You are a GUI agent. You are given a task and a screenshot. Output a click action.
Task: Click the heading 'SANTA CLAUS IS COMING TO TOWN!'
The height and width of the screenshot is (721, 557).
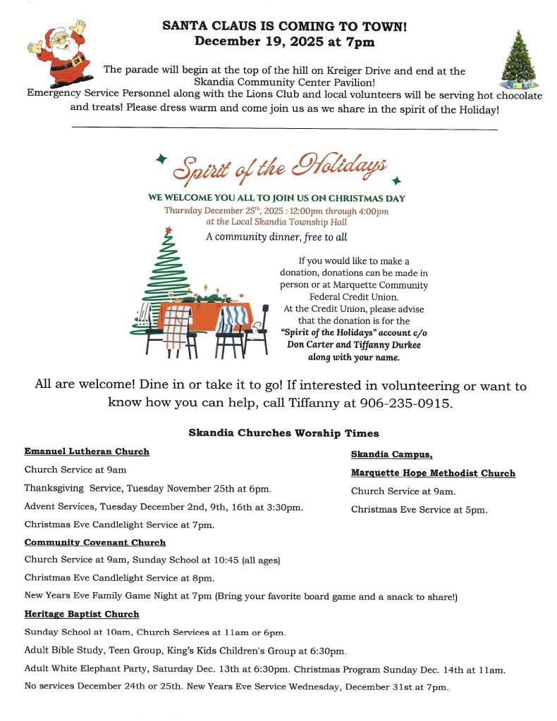(284, 26)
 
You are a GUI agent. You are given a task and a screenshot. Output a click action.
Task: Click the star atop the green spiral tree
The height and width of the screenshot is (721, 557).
(168, 230)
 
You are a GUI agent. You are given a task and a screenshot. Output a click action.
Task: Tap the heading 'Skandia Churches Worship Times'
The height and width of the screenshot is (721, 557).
(283, 432)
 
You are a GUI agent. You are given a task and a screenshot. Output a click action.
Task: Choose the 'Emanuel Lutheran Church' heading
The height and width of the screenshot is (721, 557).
(87, 451)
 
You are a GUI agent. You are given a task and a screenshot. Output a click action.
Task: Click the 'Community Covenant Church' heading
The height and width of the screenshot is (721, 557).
(95, 543)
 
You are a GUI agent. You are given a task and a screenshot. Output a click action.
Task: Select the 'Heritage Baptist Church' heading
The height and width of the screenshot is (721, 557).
(82, 615)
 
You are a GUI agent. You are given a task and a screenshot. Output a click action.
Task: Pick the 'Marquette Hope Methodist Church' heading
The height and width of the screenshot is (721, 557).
(433, 473)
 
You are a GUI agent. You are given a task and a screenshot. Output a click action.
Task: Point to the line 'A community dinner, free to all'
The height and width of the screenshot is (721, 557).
(276, 237)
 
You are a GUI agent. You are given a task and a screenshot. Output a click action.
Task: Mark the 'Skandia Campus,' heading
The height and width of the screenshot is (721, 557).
(391, 455)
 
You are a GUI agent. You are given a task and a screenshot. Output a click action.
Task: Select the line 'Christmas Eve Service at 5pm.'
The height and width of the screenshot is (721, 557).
(419, 510)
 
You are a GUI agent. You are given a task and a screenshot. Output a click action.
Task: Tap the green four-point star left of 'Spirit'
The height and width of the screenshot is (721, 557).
(161, 158)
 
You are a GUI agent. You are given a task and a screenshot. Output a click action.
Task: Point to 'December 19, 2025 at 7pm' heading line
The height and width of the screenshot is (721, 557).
(284, 42)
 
